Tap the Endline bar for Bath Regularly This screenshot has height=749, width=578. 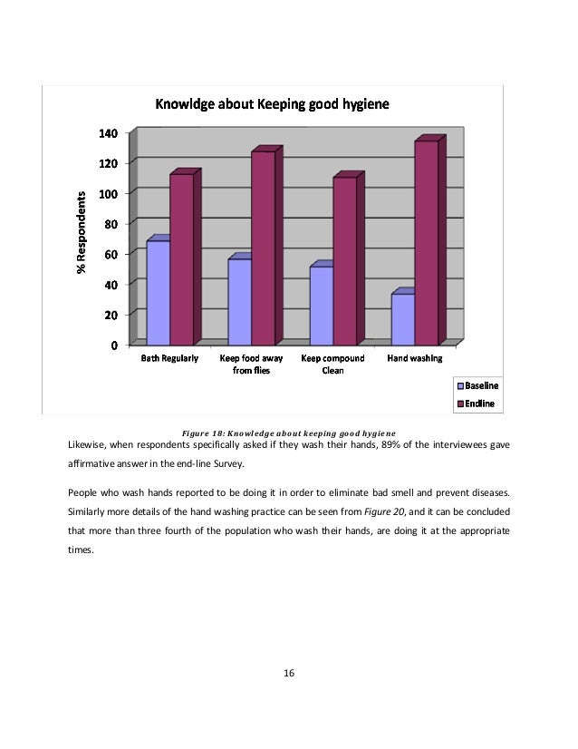pos(181,258)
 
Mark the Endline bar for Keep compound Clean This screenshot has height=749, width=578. pos(344,260)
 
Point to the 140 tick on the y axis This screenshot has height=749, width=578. pos(108,133)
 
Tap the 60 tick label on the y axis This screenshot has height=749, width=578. pos(111,254)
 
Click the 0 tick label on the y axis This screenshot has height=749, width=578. pos(114,345)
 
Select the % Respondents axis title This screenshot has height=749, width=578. pos(81,233)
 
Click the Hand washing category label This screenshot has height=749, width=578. pos(415,358)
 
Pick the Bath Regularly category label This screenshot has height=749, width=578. pos(169,358)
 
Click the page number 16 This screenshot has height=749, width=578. pos(289,673)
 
